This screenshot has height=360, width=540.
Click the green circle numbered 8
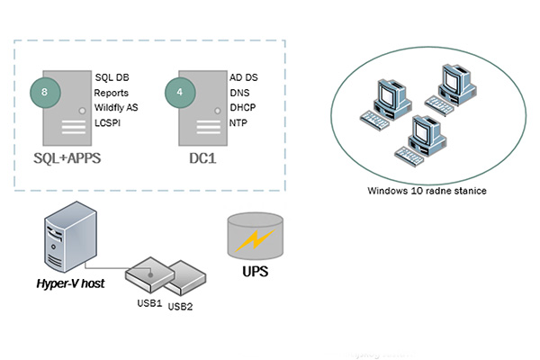click(44, 90)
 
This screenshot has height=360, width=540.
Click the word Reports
click(112, 92)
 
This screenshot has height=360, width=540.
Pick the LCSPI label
click(109, 121)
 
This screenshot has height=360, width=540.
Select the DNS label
click(240, 92)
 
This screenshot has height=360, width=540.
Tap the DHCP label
click(243, 106)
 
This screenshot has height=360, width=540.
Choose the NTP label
click(239, 121)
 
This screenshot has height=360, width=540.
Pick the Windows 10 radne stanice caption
click(415, 191)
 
